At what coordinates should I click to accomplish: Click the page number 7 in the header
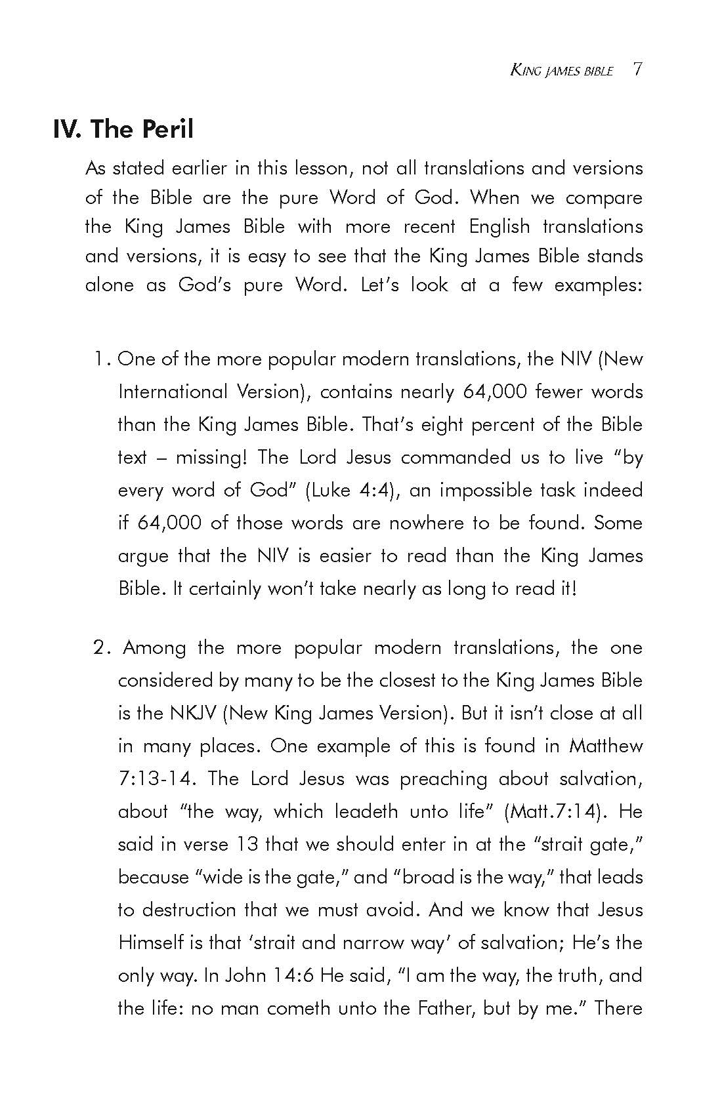[x=637, y=70]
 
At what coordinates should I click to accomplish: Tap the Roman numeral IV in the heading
[x=66, y=129]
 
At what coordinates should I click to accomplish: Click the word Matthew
[x=606, y=746]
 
